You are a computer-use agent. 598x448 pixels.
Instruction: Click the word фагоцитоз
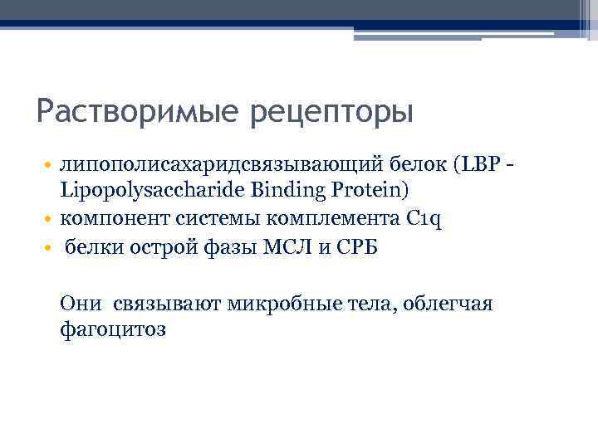[113, 329]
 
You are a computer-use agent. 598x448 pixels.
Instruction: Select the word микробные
[281, 304]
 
